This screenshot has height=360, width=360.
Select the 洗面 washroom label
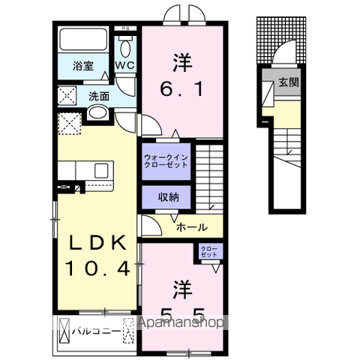coord(99,96)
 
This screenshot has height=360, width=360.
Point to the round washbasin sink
coord(97,113)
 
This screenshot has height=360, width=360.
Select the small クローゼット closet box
coord(208,252)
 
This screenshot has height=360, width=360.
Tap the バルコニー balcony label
coord(97,330)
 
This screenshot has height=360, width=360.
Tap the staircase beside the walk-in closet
coord(211,176)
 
